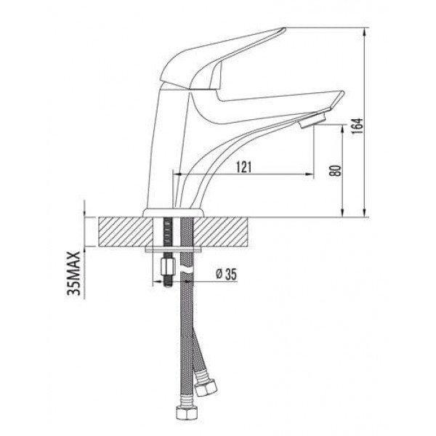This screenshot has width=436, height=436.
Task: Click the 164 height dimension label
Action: pyautogui.click(x=358, y=126)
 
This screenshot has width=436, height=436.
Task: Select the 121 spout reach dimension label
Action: pyautogui.click(x=244, y=167)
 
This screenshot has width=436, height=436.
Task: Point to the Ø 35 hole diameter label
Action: pyautogui.click(x=226, y=274)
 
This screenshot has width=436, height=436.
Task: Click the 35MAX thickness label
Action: pyautogui.click(x=74, y=273)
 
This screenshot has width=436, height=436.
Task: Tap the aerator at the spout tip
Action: pyautogui.click(x=312, y=120)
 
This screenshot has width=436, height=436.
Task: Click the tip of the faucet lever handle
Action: pyautogui.click(x=284, y=28)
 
